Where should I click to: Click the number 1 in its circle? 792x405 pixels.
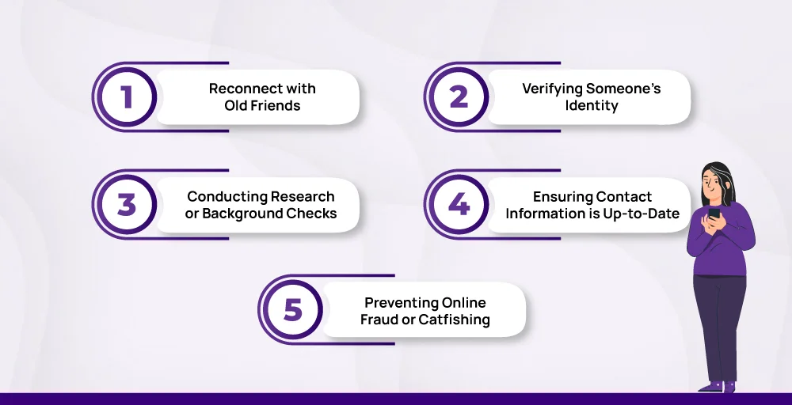coord(127,97)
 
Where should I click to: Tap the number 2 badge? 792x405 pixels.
coord(459,97)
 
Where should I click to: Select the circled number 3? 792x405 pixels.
coord(127,205)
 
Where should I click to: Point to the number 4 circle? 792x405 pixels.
coord(459,205)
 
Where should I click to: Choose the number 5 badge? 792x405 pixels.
coord(293,309)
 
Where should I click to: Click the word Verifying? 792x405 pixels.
coord(552,89)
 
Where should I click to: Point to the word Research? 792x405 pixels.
coord(303,196)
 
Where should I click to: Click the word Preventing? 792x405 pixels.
coord(401,303)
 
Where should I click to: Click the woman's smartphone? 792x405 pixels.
coord(714,214)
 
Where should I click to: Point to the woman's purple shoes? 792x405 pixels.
coord(718,387)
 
